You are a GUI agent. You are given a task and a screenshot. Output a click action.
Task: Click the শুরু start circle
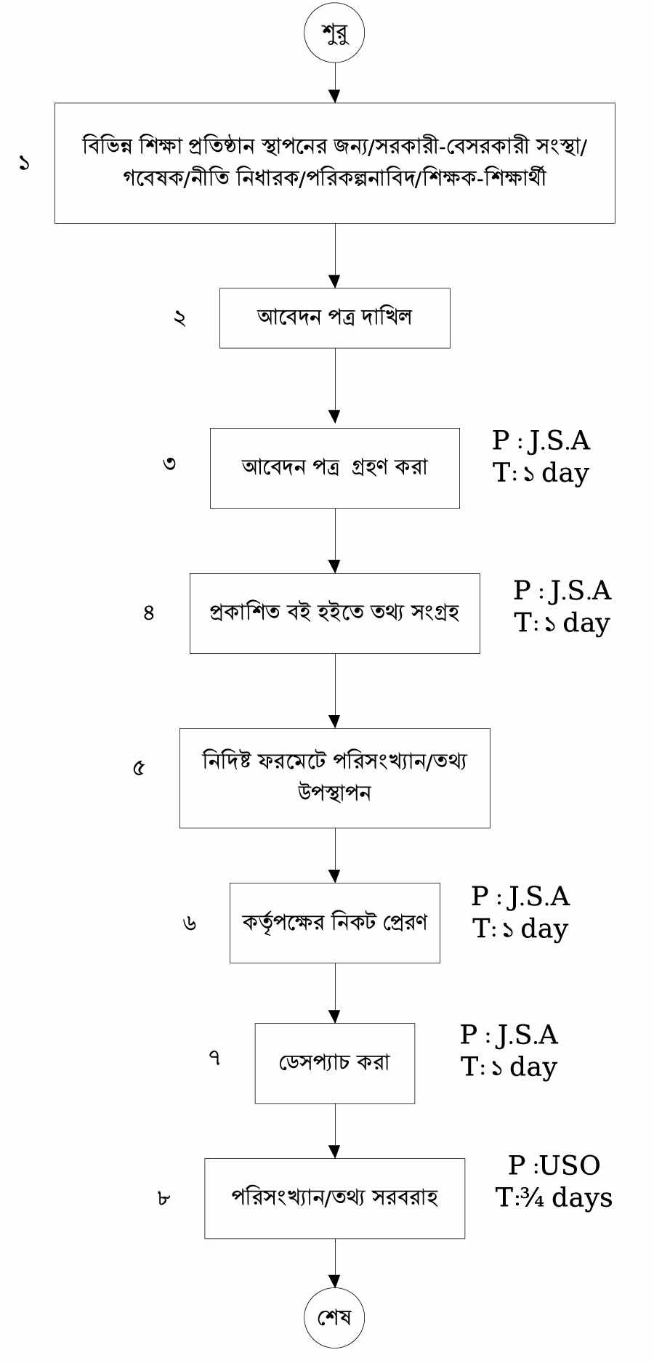click(x=334, y=33)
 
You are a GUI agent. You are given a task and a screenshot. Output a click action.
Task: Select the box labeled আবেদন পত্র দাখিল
click(x=334, y=318)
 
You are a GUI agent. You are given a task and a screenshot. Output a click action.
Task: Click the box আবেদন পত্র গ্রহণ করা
click(x=334, y=467)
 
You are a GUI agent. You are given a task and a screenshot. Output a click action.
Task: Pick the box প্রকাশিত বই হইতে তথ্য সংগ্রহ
click(x=334, y=613)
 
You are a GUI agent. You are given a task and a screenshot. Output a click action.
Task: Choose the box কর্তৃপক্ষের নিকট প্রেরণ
click(x=334, y=923)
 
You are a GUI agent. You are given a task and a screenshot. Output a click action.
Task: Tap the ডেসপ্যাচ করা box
click(x=334, y=1063)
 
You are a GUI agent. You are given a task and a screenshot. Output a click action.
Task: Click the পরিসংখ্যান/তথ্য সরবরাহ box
click(x=334, y=1198)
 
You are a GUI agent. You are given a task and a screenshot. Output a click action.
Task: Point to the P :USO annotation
click(x=554, y=1165)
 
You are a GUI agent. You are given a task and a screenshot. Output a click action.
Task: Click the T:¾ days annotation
click(x=554, y=1197)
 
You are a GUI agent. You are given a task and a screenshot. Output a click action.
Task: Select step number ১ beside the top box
click(x=25, y=163)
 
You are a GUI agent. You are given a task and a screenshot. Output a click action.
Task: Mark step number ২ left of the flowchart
click(x=179, y=318)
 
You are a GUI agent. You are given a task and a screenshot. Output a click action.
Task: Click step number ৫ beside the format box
click(x=139, y=768)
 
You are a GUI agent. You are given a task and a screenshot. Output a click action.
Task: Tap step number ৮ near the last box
click(x=163, y=1198)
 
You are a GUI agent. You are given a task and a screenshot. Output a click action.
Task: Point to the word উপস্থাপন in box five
click(x=334, y=792)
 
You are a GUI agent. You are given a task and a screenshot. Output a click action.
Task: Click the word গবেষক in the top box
click(x=153, y=179)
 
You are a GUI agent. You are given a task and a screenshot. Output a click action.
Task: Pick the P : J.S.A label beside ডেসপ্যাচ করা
click(x=509, y=1035)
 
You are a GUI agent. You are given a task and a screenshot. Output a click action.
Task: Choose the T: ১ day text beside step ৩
click(x=541, y=473)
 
